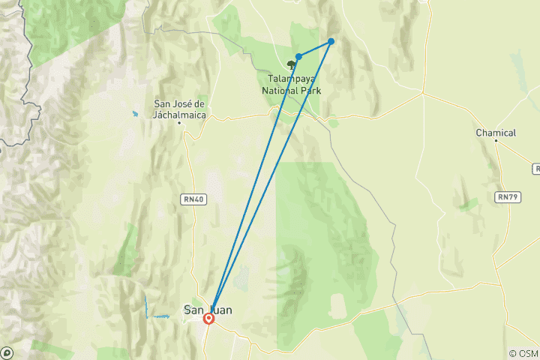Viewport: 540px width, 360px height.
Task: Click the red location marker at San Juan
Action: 209,318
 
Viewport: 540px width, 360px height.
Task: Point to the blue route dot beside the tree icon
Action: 298,56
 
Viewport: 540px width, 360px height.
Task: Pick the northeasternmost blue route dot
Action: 331,41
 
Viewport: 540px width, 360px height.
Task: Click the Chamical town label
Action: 496,133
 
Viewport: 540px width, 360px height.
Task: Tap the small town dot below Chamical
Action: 496,141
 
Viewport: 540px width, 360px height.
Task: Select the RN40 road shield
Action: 192,198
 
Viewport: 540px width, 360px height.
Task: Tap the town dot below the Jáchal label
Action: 180,122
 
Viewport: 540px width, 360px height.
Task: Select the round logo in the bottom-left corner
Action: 7,352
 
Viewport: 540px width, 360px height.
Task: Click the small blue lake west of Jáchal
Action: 135,114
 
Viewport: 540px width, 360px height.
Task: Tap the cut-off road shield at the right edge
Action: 535,169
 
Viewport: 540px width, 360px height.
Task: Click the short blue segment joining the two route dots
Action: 315,49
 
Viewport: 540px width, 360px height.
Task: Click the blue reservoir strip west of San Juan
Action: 146,305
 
